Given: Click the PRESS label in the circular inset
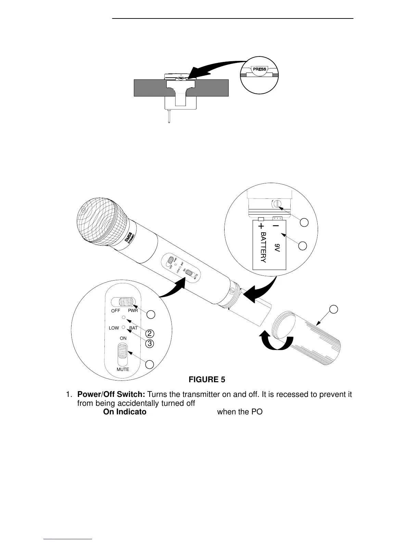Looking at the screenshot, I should tap(259, 69).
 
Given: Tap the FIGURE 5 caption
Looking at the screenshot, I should tap(207, 379).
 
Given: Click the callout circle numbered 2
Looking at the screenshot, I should tap(149, 333).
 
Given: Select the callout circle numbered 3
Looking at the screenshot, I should tap(149, 344).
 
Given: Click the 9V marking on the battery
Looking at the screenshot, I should tap(277, 248).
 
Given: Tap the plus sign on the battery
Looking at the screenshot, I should tap(262, 226).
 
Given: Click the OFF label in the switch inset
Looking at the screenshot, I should tap(116, 311).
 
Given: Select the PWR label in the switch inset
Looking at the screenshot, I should tap(133, 311).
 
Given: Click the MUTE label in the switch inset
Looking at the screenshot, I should tap(123, 370).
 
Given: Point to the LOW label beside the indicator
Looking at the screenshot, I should tap(114, 328).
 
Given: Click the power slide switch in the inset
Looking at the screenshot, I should tap(126, 302).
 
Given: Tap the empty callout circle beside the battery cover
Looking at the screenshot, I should tap(333, 309).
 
